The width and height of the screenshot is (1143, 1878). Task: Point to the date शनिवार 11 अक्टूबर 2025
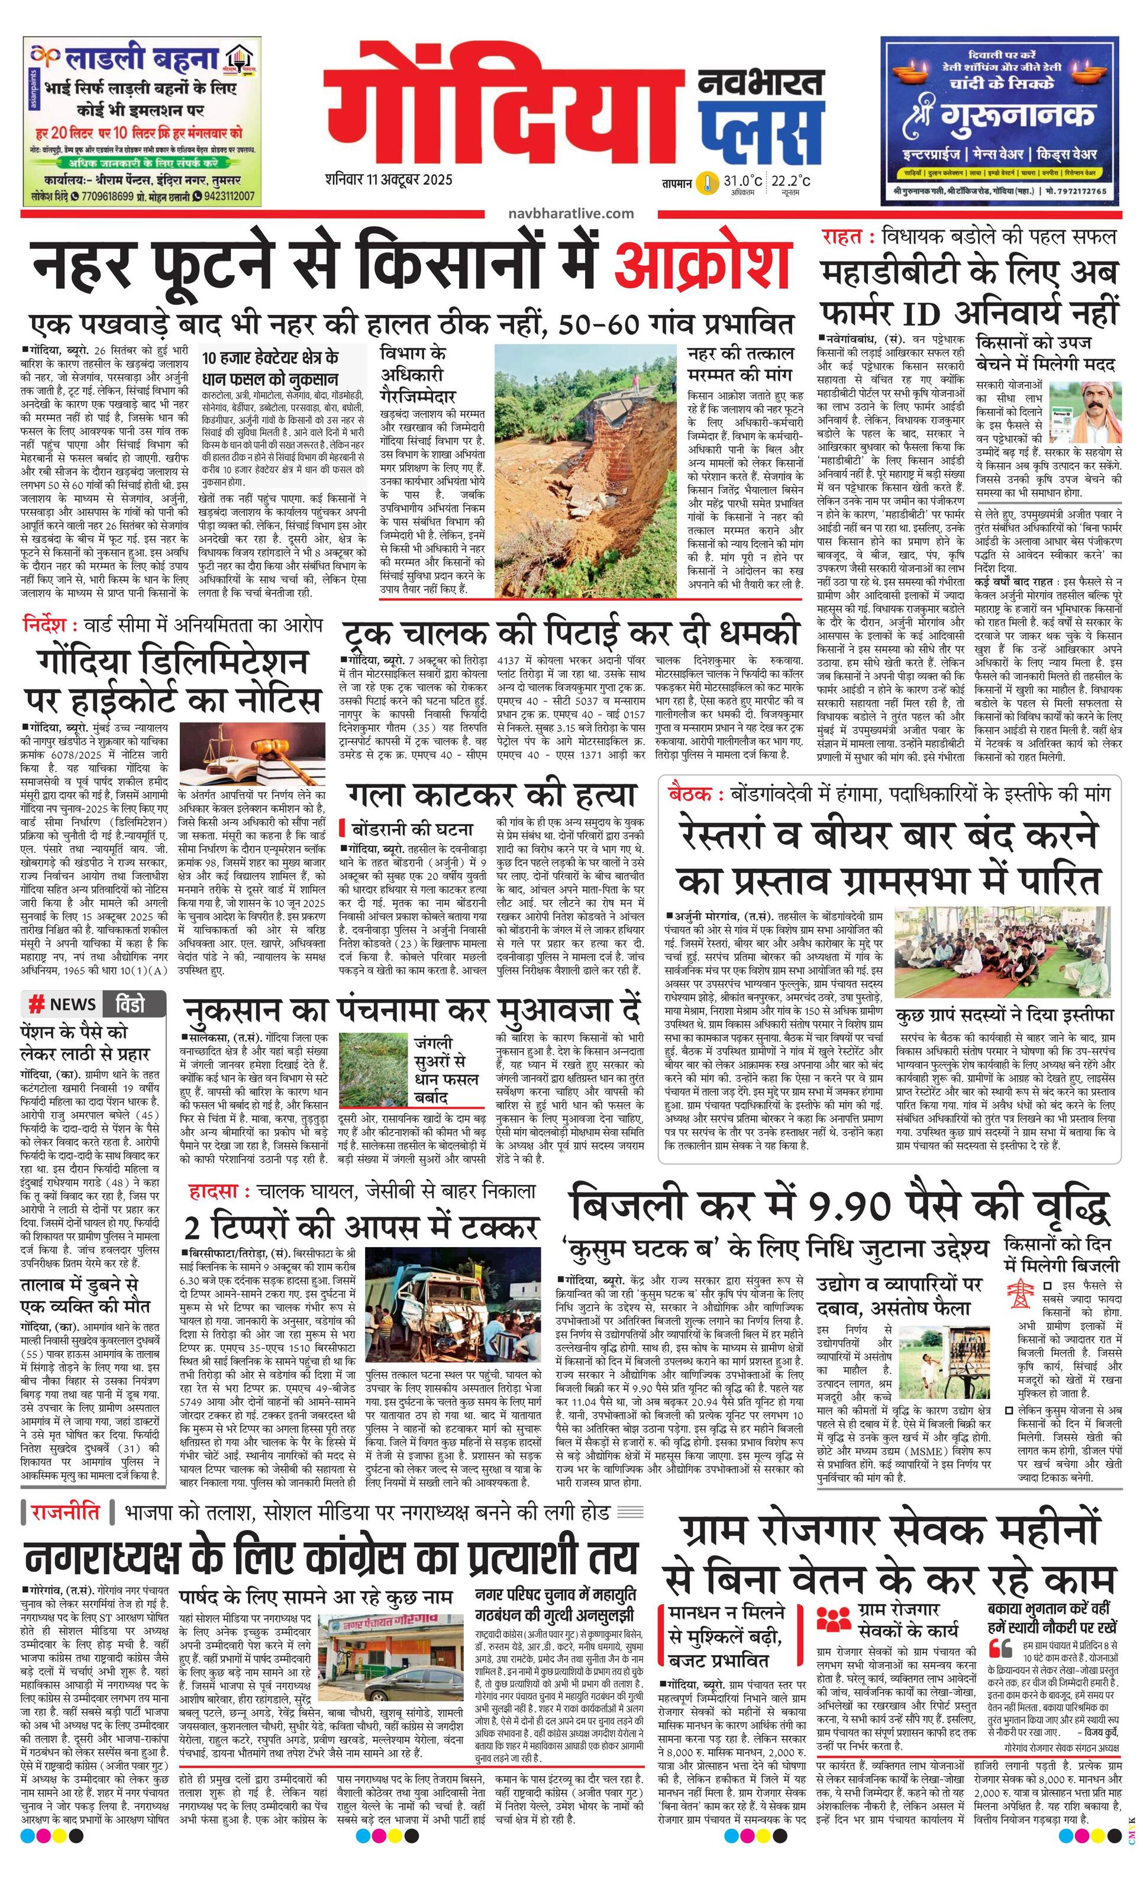click(388, 180)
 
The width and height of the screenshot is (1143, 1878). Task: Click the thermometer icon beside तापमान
click(709, 183)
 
